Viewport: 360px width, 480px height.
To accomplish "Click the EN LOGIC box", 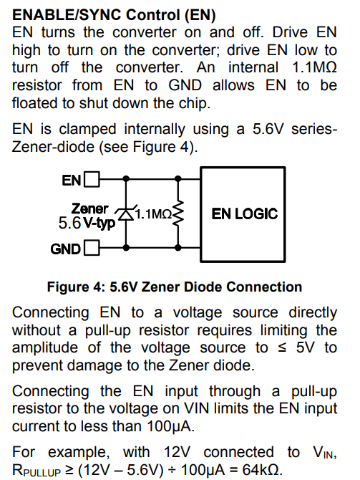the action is point(243,214).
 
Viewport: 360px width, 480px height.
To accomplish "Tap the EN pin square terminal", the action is point(92,179).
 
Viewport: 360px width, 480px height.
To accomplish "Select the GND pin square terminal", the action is point(92,248).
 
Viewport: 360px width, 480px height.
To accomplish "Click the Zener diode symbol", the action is point(126,213).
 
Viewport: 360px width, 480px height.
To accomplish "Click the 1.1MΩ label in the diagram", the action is point(154,214).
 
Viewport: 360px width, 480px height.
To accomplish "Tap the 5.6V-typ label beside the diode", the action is point(87,223).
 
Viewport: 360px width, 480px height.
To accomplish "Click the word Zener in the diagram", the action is point(89,208).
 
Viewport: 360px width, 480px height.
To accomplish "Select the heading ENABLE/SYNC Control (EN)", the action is point(114,15).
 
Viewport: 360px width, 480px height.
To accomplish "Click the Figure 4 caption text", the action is point(175,287).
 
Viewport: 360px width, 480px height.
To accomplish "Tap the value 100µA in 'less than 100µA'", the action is point(170,426).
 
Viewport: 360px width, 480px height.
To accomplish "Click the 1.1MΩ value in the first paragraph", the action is point(314,67).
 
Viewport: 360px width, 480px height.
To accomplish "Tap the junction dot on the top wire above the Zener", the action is point(126,178).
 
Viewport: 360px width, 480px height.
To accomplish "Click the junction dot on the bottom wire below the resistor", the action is point(178,247).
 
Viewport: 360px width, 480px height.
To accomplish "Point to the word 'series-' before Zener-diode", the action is point(313,129).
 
